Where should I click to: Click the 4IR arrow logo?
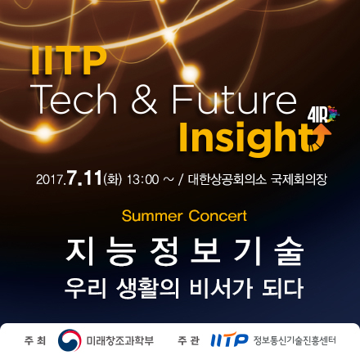click(x=322, y=119)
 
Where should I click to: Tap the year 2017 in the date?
click(x=51, y=178)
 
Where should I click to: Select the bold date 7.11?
click(x=84, y=177)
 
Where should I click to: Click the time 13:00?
click(x=142, y=178)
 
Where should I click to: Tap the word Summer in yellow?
click(x=151, y=217)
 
